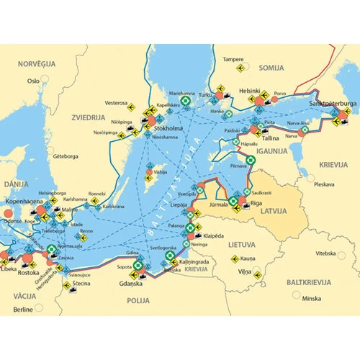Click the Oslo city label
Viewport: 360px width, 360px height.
pos(33,81)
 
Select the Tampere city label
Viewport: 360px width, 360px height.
pos(233,59)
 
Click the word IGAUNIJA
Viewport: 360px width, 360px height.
pos(271,151)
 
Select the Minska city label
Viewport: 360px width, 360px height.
pos(312,298)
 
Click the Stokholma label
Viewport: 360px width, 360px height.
pos(169,128)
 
